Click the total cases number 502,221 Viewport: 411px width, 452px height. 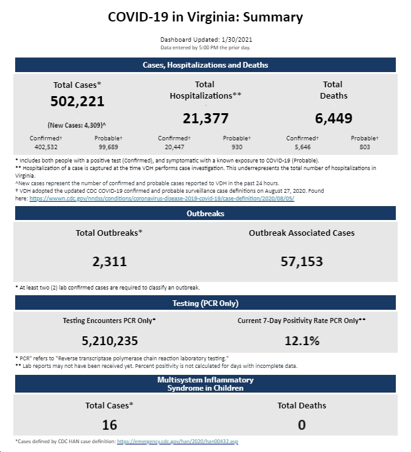[77, 102]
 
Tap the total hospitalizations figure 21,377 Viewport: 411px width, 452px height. [205, 118]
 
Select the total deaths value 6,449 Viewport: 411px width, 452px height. [333, 118]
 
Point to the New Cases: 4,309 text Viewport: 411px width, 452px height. [77, 125]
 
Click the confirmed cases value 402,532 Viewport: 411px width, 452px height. [46, 147]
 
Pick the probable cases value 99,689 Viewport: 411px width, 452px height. [108, 147]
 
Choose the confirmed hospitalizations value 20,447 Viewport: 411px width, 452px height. [175, 147]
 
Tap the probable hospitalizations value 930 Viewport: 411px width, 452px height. [236, 147]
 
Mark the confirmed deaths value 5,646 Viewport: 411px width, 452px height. [302, 147]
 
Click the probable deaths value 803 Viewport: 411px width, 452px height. [365, 147]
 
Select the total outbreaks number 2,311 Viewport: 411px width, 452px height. [109, 262]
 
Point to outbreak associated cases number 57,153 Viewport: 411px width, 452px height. [302, 262]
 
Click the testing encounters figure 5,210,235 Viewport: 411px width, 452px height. [109, 341]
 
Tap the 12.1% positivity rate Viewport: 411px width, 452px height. [302, 341]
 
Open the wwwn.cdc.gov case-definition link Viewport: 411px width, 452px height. [162, 199]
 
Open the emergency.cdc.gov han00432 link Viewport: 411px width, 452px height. [178, 441]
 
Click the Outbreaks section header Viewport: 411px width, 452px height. [205, 213]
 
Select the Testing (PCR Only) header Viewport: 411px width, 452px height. [205, 303]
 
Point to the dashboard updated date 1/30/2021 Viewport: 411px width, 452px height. [236, 39]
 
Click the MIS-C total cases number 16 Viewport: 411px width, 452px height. [109, 425]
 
